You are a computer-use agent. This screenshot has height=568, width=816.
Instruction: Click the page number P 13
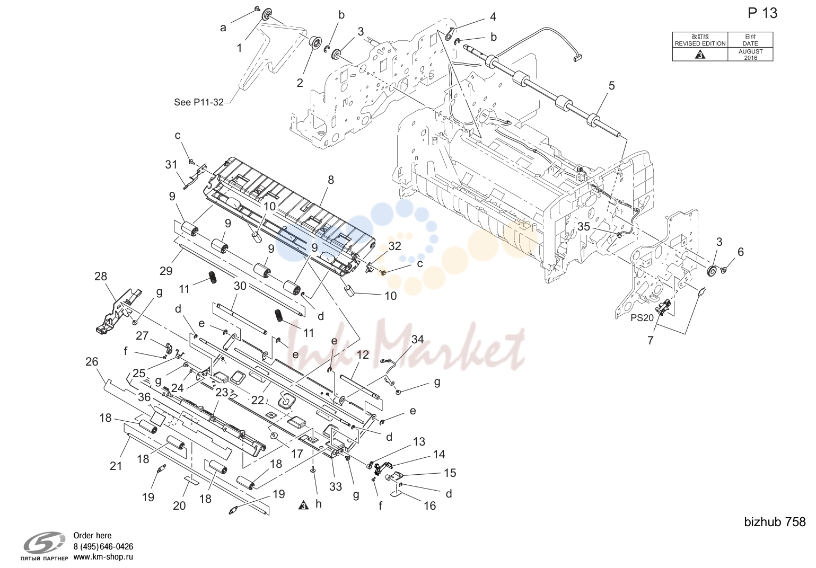coord(762,13)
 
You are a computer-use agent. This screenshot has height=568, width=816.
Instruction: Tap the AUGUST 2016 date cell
coord(750,55)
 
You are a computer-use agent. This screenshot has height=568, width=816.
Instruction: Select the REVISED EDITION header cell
coord(700,40)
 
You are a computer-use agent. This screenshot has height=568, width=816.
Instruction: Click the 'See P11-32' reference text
coord(198,102)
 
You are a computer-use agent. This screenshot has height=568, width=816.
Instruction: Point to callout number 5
coord(612,85)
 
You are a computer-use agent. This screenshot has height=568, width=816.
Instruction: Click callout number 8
coord(331,180)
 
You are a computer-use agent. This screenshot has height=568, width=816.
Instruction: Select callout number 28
coord(101,277)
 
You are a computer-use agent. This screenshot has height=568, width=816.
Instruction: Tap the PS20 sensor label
coord(642,318)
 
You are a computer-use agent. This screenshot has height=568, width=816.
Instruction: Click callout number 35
coord(584,226)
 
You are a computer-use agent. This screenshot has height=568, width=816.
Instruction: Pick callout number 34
coord(417,339)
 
